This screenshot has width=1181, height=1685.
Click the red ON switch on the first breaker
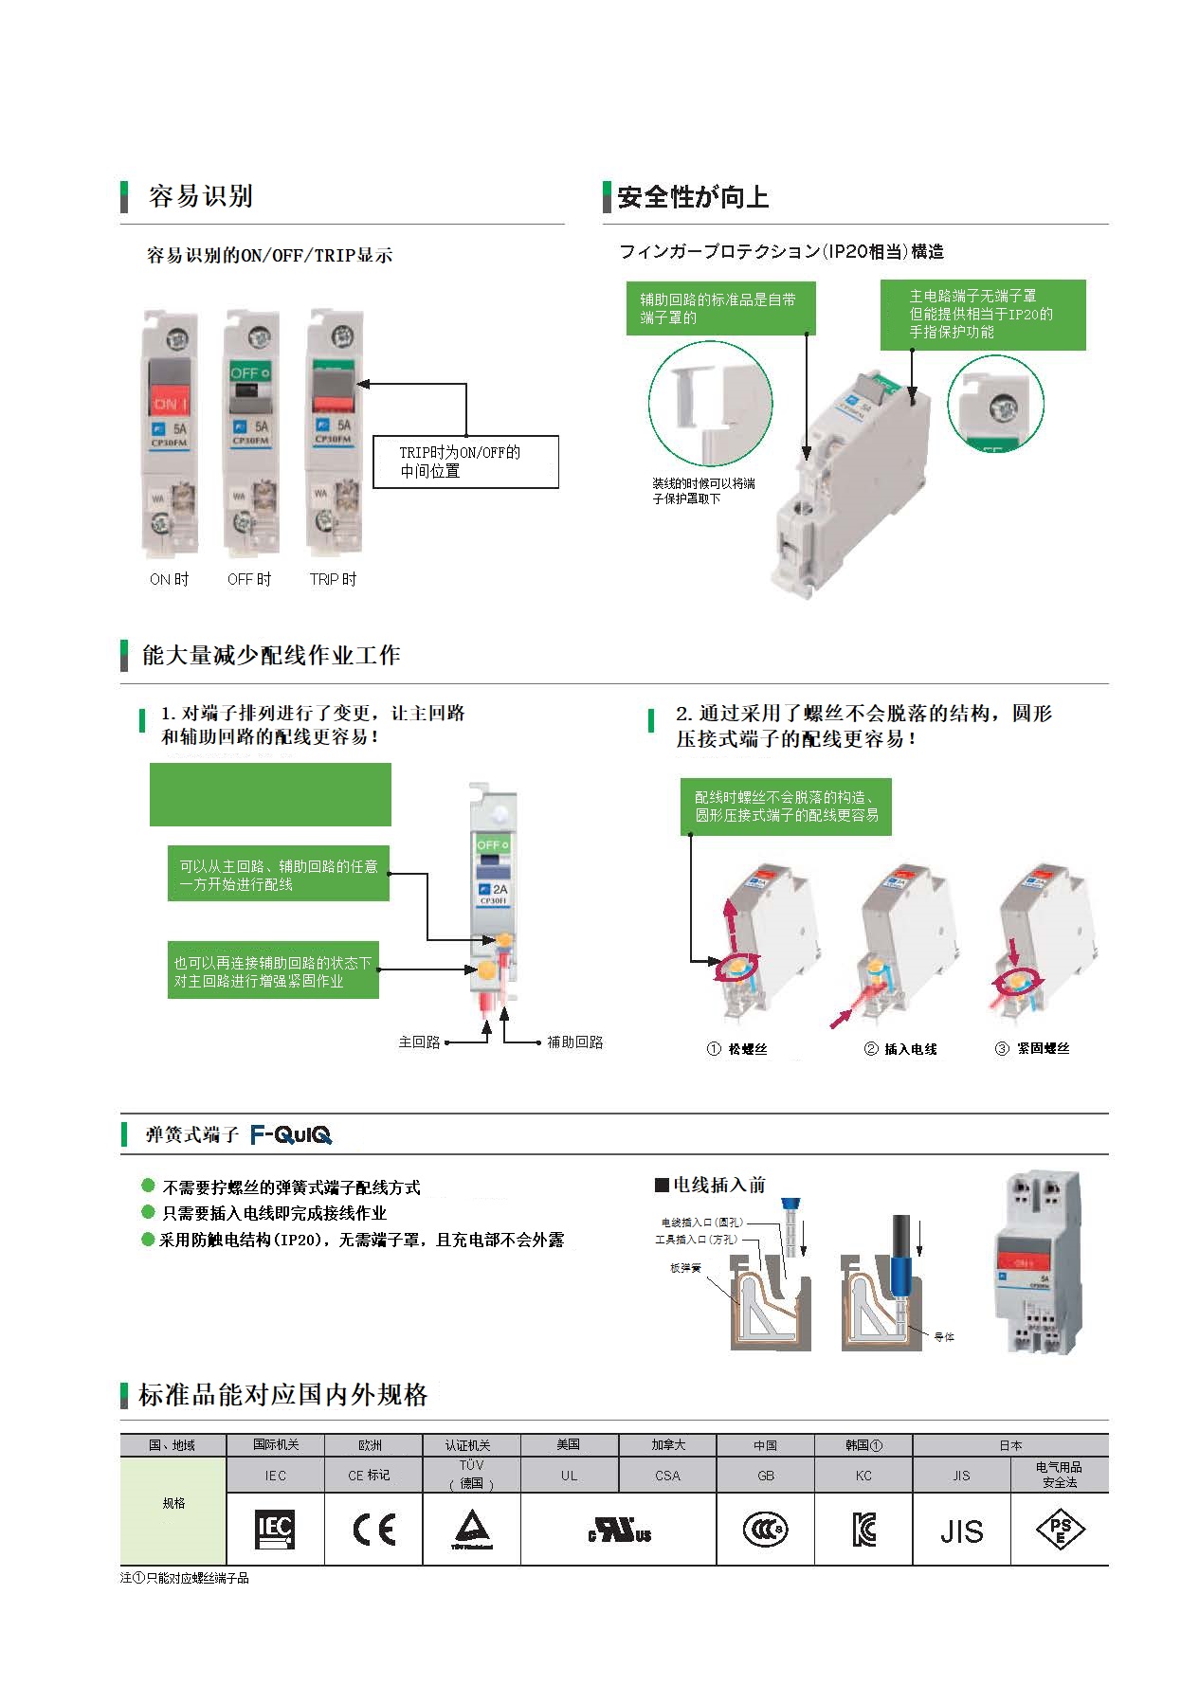click(x=171, y=403)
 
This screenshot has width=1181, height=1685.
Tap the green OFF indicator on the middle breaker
click(x=250, y=372)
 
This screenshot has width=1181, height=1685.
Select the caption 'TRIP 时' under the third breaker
click(x=333, y=579)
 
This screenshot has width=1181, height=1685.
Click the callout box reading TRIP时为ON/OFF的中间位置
click(x=465, y=462)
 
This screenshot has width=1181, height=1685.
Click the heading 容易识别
click(x=200, y=196)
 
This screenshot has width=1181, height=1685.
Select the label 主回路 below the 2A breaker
click(x=419, y=1042)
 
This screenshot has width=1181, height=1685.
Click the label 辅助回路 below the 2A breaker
click(x=574, y=1042)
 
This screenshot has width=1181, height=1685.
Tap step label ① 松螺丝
click(x=738, y=1049)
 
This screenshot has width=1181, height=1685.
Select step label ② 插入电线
click(x=900, y=1049)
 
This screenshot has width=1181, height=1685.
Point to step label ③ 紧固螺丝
click(x=1032, y=1049)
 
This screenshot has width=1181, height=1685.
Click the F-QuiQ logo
click(x=291, y=1134)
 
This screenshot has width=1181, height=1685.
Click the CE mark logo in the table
click(x=373, y=1530)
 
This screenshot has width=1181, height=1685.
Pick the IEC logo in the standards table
click(x=275, y=1529)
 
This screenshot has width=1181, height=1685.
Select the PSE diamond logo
click(x=1059, y=1530)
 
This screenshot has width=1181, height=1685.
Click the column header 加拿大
click(x=667, y=1445)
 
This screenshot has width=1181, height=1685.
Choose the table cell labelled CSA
click(x=667, y=1476)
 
